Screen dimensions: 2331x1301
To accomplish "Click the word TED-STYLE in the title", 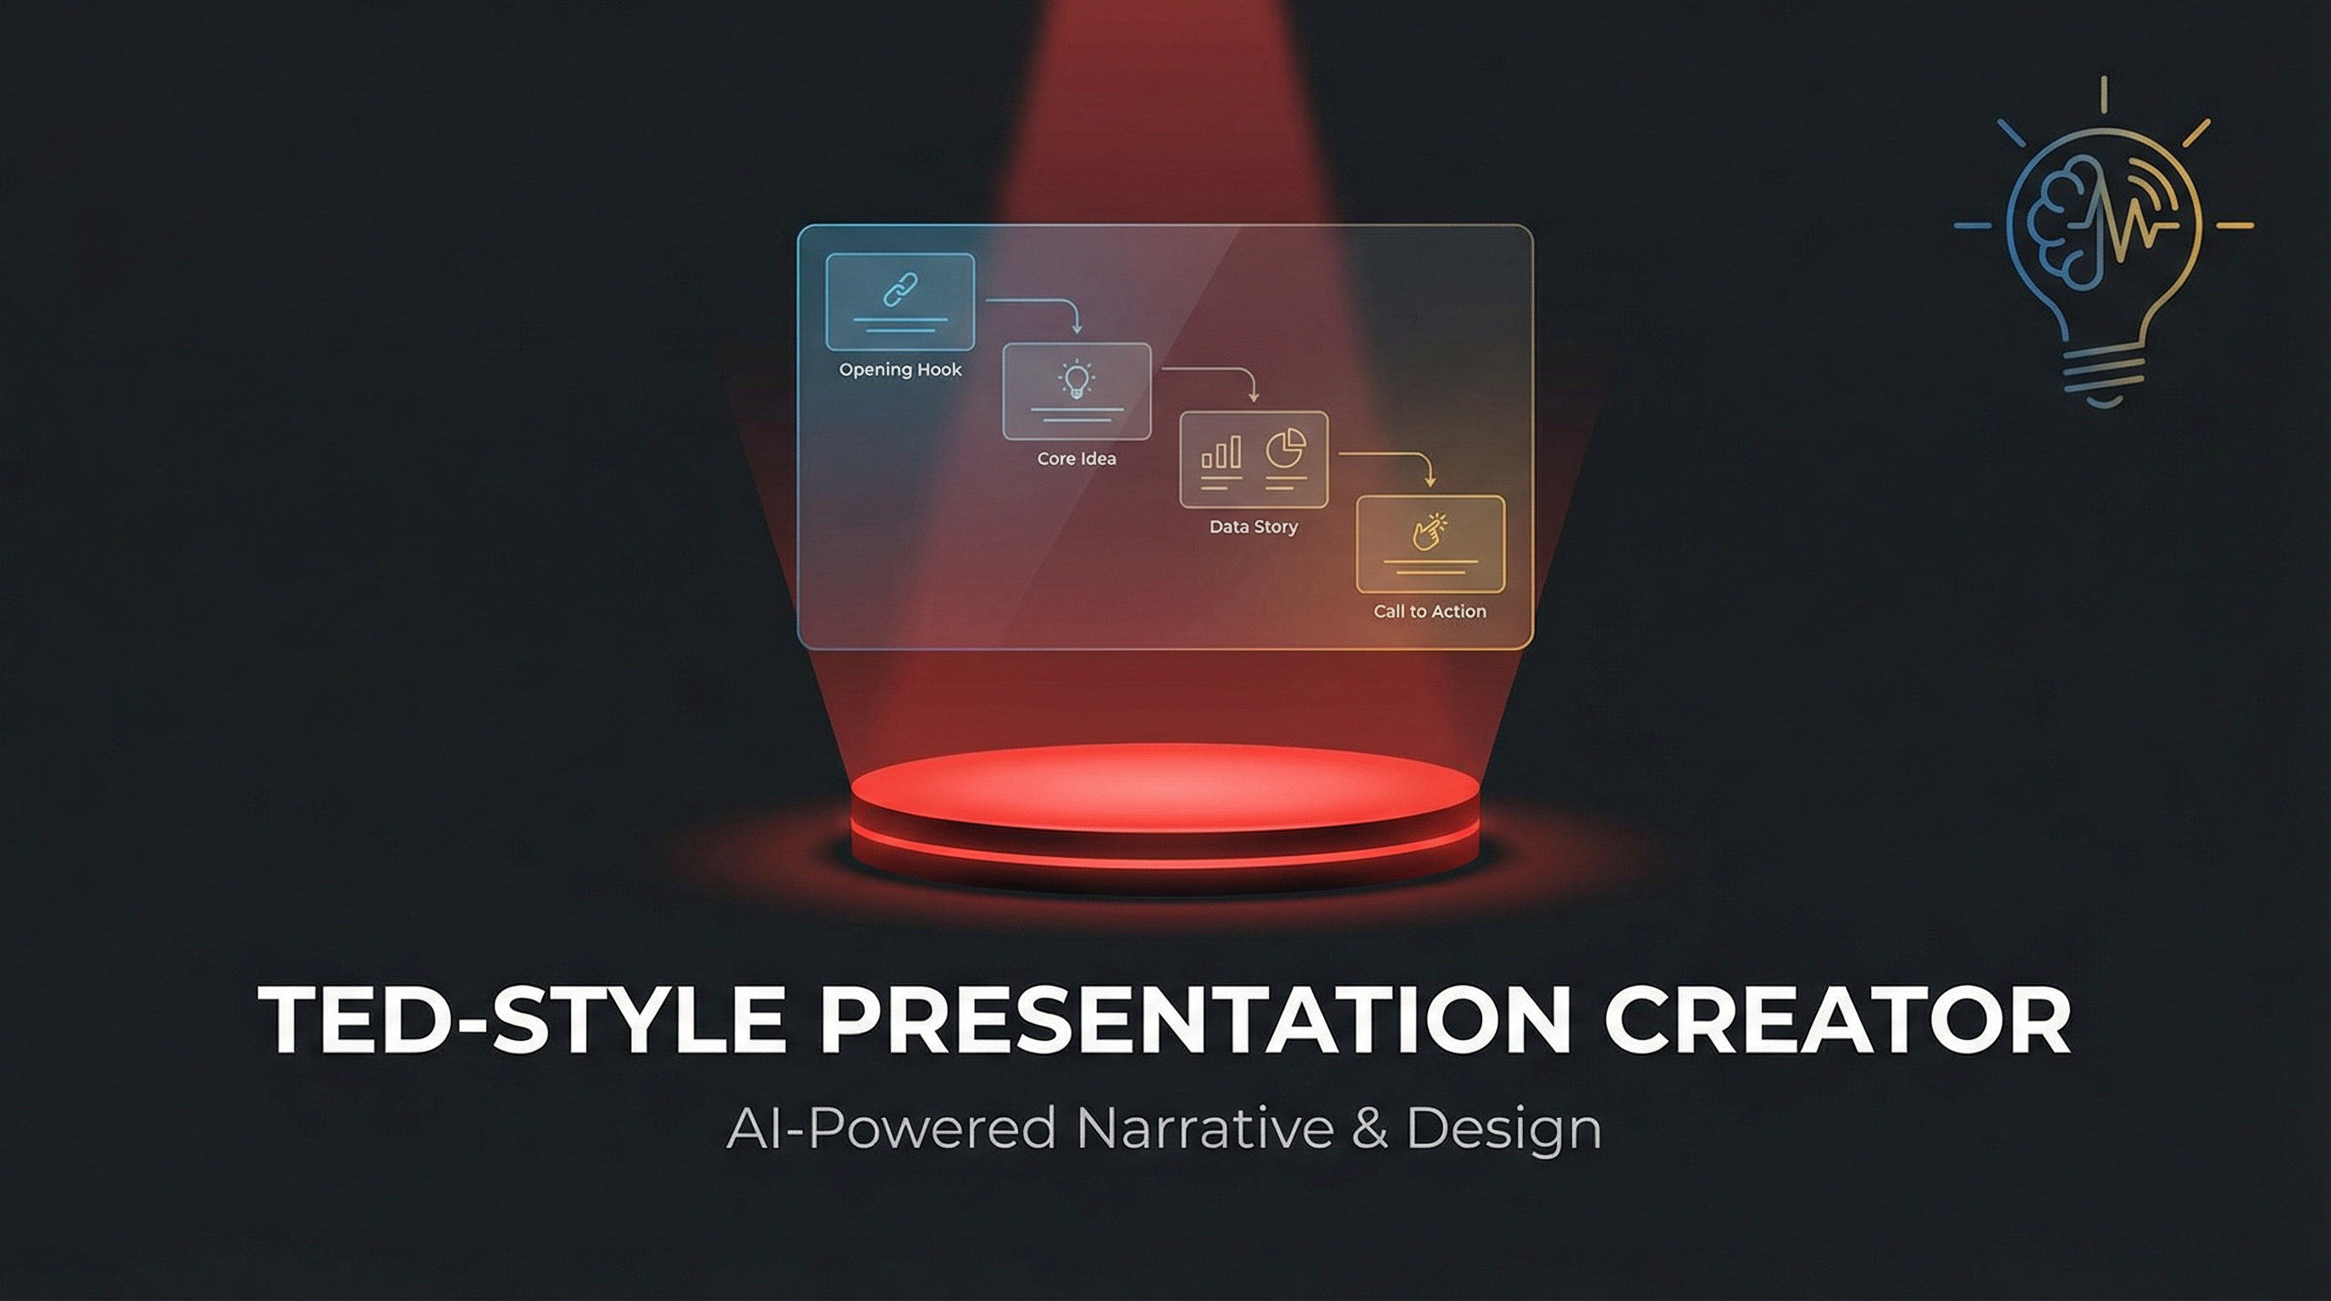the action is [521, 1019].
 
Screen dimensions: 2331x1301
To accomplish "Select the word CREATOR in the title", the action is [1838, 1019].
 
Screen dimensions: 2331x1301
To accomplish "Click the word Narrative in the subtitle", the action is [1205, 1128].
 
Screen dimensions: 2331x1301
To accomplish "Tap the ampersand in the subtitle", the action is [1370, 1128].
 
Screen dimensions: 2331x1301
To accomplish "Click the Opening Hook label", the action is [900, 370].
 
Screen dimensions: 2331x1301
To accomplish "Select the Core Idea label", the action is [1077, 459].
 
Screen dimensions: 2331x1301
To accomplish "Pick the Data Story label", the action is [1254, 527].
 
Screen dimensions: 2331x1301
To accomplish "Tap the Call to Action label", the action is [1430, 612].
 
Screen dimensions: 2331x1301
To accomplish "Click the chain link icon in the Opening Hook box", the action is [900, 290].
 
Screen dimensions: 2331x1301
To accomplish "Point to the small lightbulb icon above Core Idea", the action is [1077, 380].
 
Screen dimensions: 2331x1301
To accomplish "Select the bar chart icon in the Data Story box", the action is [1221, 451].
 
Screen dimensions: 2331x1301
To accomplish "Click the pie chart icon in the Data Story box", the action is [1286, 449].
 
